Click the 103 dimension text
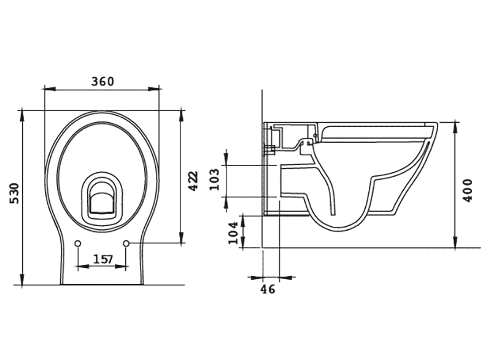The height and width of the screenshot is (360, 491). tap(215, 179)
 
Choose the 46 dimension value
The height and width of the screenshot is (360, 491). tap(268, 288)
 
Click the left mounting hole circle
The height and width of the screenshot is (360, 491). tap(78, 244)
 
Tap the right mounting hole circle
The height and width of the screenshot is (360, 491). tap(126, 244)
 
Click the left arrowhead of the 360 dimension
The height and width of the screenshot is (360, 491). tap(47, 90)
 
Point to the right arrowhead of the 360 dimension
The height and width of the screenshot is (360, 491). tap(157, 90)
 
